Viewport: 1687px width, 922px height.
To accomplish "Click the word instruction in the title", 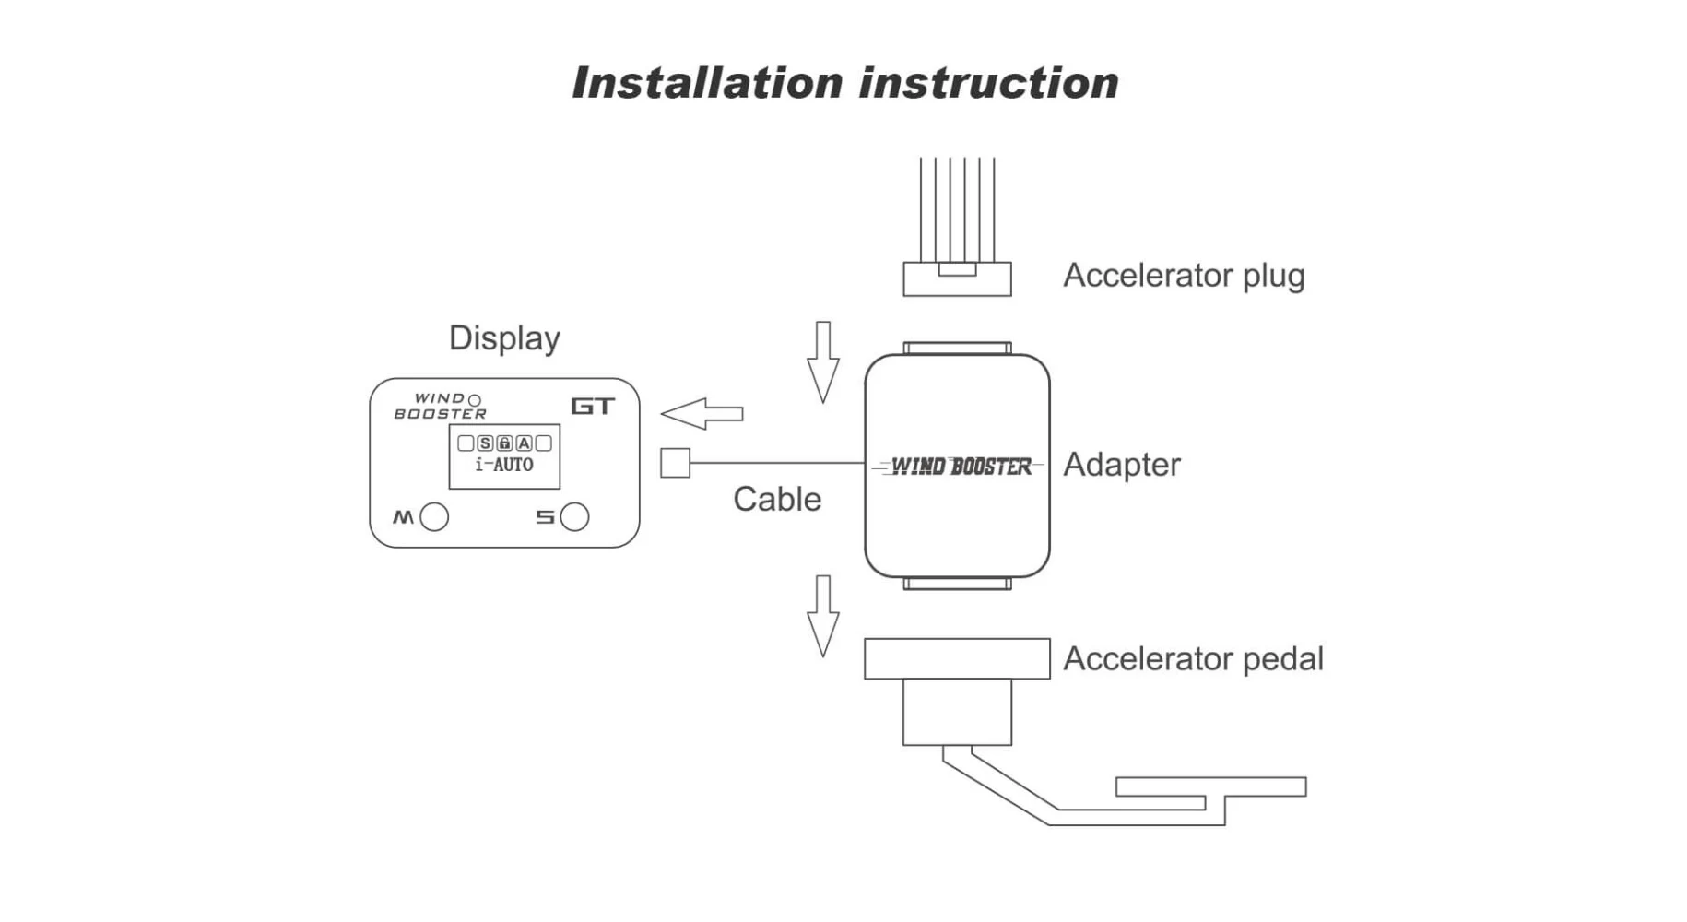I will (989, 83).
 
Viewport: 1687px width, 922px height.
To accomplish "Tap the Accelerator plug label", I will (1184, 276).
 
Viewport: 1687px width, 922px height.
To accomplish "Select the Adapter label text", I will (1121, 465).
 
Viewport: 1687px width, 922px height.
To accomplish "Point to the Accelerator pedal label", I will (1193, 659).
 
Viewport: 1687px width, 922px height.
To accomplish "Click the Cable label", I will (777, 500).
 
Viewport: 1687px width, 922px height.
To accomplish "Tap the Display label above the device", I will (504, 338).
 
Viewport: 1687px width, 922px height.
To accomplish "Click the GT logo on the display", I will (592, 407).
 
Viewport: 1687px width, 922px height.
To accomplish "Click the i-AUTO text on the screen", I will (504, 466).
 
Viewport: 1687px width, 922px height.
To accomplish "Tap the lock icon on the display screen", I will (504, 443).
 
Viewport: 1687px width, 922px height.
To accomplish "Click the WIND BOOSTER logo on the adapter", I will (959, 467).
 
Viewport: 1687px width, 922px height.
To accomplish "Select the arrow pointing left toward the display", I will (702, 414).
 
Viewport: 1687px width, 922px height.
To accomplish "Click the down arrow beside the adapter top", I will (822, 361).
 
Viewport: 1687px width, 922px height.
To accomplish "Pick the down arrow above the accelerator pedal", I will (822, 615).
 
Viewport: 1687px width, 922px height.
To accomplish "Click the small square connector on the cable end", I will (675, 463).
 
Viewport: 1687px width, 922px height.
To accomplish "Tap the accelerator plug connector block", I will (957, 279).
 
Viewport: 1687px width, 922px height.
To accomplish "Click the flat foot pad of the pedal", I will (1210, 786).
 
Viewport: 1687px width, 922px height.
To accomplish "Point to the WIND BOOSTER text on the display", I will (440, 407).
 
